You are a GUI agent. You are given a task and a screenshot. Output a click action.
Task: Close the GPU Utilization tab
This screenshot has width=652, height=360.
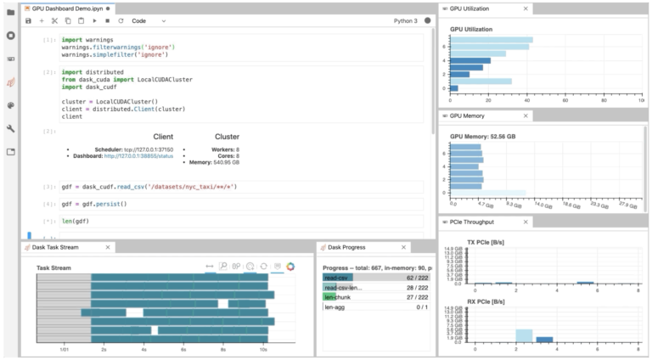(526, 8)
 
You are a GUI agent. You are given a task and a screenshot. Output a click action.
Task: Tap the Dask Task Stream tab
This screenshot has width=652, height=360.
(64, 247)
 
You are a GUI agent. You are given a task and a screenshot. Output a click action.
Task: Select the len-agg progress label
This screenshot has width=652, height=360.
(334, 307)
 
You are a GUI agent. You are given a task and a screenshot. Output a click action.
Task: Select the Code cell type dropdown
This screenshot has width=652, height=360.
(149, 20)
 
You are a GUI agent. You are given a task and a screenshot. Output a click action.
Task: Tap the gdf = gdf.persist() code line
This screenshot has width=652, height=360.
(93, 205)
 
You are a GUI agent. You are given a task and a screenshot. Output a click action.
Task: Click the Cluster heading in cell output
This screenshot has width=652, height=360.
(227, 136)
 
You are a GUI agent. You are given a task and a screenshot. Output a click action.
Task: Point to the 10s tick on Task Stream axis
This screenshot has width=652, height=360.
(264, 348)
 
